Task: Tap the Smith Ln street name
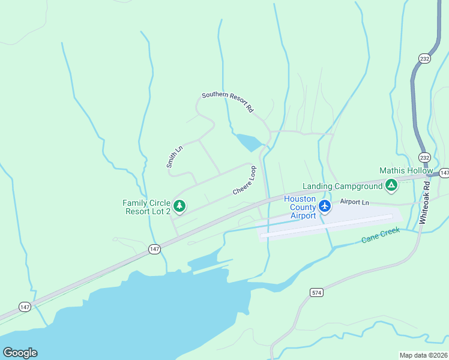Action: [174, 157]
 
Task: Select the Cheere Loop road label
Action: [245, 181]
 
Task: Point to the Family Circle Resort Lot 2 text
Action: [147, 207]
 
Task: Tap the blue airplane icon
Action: [325, 206]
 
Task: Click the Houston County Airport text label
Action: [300, 207]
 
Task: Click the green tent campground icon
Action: [391, 185]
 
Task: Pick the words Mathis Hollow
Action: [406, 171]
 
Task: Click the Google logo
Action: [20, 352]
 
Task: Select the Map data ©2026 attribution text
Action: [423, 355]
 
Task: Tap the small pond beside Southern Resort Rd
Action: [249, 142]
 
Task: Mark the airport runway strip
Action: [327, 226]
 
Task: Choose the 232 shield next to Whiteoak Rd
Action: [424, 158]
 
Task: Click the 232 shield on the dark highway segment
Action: [424, 58]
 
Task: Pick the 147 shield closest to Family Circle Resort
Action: [155, 249]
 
